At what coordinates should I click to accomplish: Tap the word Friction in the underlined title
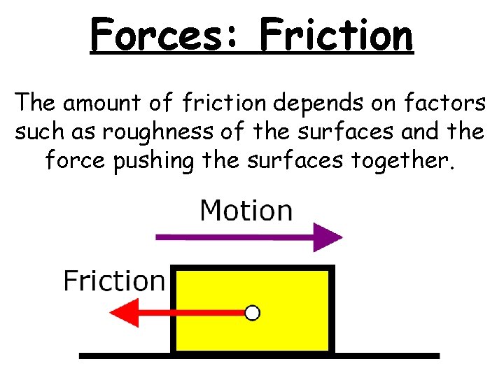[x=336, y=35]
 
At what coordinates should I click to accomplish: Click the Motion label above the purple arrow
[x=246, y=210]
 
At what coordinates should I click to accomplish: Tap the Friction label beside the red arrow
[x=114, y=281]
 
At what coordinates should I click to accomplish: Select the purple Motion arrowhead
[x=328, y=237]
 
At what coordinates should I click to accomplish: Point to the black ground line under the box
[x=392, y=356]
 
